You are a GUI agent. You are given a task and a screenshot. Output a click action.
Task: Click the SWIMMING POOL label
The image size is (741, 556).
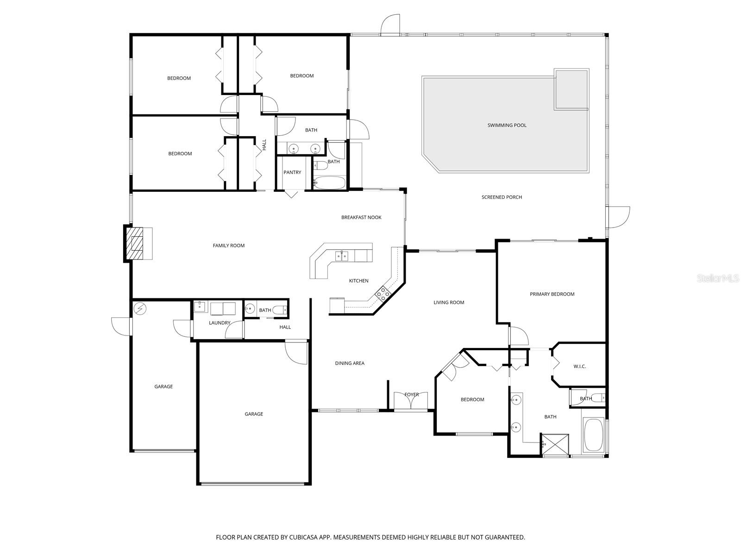507,125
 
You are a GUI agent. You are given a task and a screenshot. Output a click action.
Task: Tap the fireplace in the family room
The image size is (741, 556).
137,243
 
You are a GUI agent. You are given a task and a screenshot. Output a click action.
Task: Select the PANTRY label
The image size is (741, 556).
292,172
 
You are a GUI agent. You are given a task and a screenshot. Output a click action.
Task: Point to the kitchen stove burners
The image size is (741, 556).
383,293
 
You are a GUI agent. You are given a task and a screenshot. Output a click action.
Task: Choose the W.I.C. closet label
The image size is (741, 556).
580,366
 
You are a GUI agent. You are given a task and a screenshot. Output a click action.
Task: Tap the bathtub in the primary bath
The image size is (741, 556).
593,435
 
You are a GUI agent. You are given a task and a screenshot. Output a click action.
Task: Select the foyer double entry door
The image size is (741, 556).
411,401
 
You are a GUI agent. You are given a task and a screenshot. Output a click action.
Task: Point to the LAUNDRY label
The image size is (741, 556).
220,323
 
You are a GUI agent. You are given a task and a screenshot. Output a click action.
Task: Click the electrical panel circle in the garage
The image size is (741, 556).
139,309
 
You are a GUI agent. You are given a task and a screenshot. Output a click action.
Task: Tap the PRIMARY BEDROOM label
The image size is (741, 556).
552,294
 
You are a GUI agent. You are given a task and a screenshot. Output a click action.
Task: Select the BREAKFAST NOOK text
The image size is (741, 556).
361,217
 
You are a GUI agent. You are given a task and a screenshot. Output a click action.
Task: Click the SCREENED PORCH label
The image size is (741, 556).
502,197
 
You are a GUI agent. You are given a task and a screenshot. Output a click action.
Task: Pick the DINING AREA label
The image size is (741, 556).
349,363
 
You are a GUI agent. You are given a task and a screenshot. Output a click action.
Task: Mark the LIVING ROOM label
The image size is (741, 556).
449,303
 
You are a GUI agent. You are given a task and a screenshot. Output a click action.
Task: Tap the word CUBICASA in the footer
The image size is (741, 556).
303,537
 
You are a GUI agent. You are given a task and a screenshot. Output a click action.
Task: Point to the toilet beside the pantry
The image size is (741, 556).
320,165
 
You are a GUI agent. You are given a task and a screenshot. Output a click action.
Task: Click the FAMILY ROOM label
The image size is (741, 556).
228,246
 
